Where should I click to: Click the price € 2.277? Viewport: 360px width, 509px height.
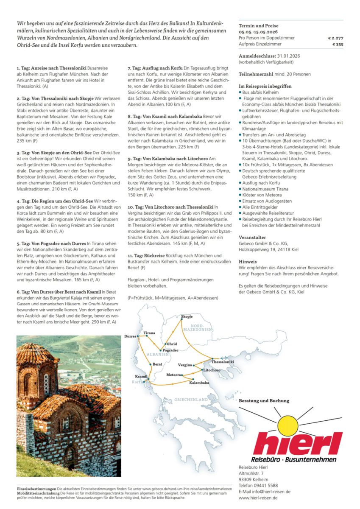click(x=335, y=38)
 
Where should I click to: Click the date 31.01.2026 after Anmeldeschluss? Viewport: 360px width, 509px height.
click(x=290, y=56)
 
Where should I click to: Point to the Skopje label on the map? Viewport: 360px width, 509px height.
click(x=187, y=316)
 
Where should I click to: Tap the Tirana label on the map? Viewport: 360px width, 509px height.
click(x=149, y=333)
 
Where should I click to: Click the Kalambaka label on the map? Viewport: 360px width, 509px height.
click(x=199, y=383)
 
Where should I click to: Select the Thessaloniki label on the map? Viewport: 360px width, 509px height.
click(x=223, y=362)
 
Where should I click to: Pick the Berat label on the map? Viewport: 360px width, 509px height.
click(x=157, y=364)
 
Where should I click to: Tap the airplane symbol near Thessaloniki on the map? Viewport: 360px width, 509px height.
click(x=223, y=358)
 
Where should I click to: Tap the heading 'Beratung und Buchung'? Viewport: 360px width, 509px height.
click(x=264, y=400)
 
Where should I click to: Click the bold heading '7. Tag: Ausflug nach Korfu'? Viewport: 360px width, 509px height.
click(x=155, y=68)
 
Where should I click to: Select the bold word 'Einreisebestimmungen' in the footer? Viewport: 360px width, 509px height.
click(x=37, y=489)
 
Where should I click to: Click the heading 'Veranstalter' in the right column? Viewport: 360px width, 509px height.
click(x=252, y=238)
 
